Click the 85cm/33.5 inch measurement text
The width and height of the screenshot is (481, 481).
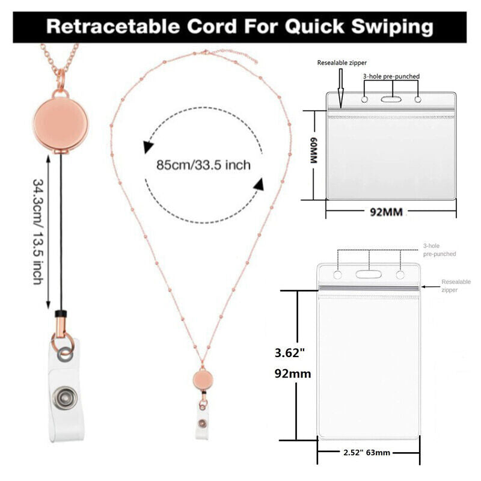point(203,163)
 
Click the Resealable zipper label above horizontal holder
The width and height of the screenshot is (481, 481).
point(342,63)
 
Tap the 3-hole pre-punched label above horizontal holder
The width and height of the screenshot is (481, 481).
point(391,76)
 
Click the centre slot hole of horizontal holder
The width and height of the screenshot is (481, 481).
point(391,98)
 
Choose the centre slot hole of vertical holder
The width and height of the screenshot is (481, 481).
point(368,275)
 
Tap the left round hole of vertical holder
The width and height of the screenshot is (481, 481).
point(337,275)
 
